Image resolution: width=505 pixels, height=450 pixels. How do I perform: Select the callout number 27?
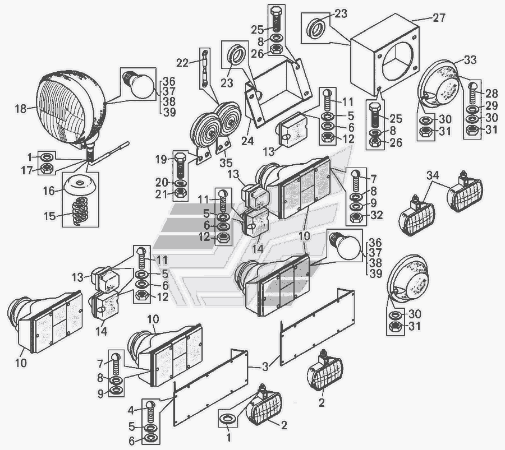(439, 18)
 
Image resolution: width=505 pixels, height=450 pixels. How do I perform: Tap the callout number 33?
(470, 61)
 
